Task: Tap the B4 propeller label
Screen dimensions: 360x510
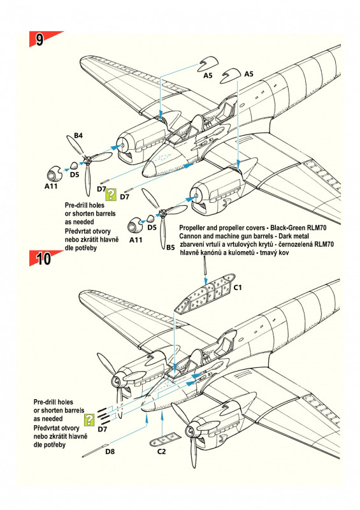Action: coord(78,135)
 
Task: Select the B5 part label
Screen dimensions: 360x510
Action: coord(171,247)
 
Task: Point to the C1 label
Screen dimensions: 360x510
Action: coord(238,288)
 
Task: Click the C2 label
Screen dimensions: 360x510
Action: coord(162,451)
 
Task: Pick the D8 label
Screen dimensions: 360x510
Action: coord(110,451)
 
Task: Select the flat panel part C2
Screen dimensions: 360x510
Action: coord(163,439)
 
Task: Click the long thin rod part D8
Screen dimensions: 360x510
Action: coord(96,451)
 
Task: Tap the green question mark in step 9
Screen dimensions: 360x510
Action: coord(111,194)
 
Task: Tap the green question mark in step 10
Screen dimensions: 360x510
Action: coord(89,420)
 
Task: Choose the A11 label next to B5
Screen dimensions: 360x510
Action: coord(136,240)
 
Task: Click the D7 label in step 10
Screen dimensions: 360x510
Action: coord(103,429)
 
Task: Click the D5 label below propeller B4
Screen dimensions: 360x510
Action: coord(75,175)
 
